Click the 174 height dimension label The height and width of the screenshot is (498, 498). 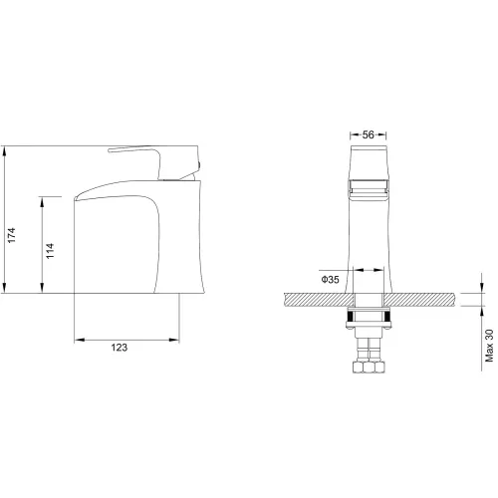[12, 235]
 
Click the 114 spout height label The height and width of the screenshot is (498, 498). [50, 251]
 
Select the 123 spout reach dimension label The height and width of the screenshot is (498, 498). [120, 348]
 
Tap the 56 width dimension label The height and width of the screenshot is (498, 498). [369, 134]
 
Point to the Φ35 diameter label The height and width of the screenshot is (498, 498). [330, 280]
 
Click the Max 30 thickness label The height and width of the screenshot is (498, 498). [489, 346]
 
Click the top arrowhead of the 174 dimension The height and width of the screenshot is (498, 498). [4, 151]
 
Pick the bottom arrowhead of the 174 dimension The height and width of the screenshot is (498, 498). [4, 288]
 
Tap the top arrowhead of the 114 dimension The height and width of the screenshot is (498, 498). [42, 202]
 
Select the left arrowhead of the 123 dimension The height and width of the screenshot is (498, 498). [80, 340]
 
